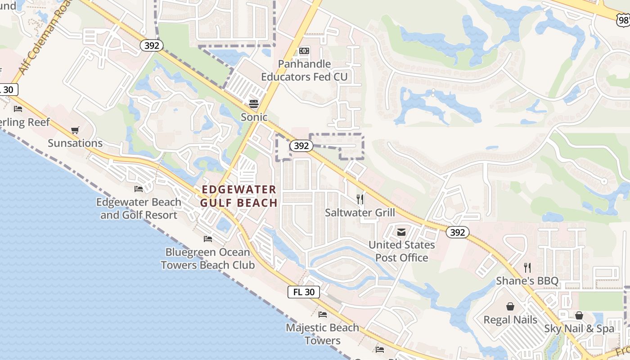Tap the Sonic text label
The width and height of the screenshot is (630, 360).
click(254, 117)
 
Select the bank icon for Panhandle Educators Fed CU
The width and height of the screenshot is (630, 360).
click(304, 51)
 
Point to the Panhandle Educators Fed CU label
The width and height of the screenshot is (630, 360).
click(305, 70)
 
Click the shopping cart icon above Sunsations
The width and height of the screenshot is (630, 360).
click(75, 130)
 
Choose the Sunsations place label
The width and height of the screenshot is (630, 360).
click(75, 143)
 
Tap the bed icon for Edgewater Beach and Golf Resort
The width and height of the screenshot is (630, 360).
click(139, 189)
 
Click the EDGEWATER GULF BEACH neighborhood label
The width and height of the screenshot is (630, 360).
click(239, 196)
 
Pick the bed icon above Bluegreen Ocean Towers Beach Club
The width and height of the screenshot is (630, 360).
click(207, 238)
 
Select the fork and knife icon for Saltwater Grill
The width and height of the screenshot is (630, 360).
click(360, 199)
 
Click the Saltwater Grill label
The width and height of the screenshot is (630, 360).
click(360, 212)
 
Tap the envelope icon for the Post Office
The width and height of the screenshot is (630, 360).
click(401, 232)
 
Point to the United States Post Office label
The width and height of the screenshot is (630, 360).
click(402, 251)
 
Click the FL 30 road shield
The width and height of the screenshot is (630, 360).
click(304, 292)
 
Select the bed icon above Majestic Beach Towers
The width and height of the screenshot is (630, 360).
click(323, 315)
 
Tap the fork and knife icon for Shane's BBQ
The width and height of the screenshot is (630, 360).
click(527, 268)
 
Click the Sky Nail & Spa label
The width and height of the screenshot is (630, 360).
click(579, 328)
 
